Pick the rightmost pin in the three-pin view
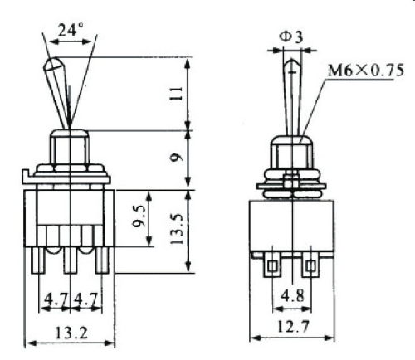click(104, 260)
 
